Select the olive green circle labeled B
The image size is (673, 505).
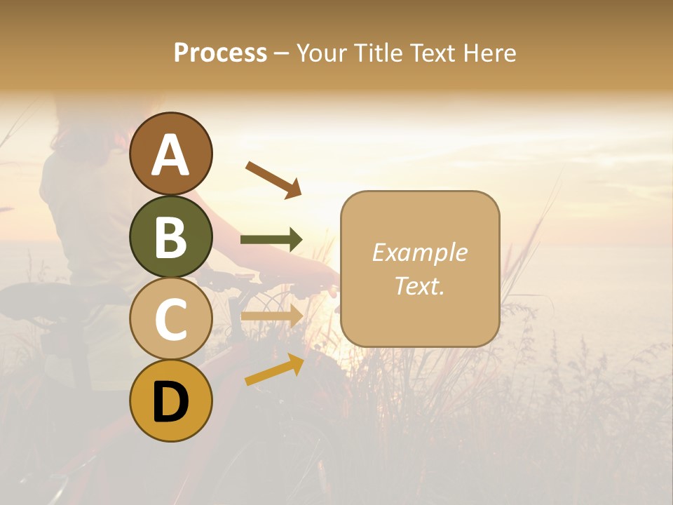pyautogui.click(x=171, y=236)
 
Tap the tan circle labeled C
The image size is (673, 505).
pyautogui.click(x=171, y=319)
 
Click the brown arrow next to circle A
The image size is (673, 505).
pyautogui.click(x=273, y=179)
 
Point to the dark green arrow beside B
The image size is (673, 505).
pyautogui.click(x=271, y=240)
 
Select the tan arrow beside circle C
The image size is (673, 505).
pyautogui.click(x=271, y=316)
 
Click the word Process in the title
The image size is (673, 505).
pyautogui.click(x=220, y=53)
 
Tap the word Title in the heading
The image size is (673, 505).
pyautogui.click(x=379, y=53)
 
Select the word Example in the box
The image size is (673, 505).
pyautogui.click(x=420, y=252)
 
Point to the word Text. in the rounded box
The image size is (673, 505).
pyautogui.click(x=420, y=285)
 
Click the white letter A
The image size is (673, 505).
pyautogui.click(x=171, y=154)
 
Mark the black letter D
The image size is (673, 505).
pyautogui.click(x=171, y=402)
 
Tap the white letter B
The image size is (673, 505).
pyautogui.click(x=171, y=236)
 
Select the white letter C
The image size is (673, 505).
pyautogui.click(x=171, y=319)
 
